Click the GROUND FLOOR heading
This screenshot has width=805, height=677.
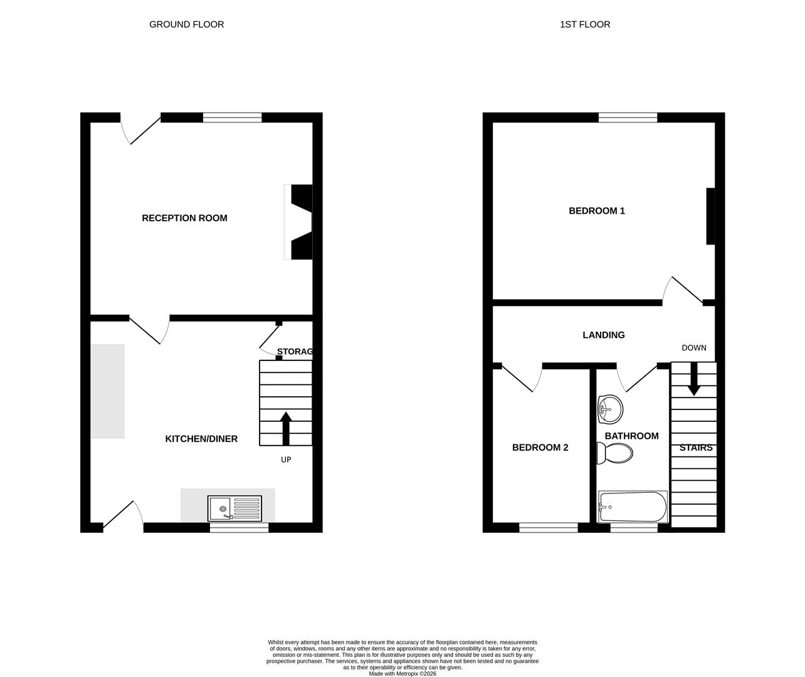pos(186,24)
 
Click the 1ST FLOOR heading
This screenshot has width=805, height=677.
pos(584,24)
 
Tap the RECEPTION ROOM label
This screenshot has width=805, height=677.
pos(184,218)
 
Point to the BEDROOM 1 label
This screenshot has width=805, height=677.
pos(596,211)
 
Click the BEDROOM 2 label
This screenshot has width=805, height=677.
pos(540,448)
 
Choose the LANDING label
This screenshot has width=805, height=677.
pos(603,335)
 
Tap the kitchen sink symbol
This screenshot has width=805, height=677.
pos(235,508)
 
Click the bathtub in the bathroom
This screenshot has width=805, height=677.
pos(633,507)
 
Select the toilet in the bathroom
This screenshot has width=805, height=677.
pos(614,453)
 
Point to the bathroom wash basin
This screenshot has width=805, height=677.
pos(610,409)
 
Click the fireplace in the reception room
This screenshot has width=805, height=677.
pos(300,221)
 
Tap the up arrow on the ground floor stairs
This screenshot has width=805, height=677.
pos(286,428)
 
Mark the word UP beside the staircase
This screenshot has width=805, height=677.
pos(286,459)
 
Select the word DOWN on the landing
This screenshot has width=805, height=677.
pos(693,348)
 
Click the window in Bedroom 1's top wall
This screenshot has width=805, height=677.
pos(628,117)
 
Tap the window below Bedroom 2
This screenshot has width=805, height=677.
pos(548,528)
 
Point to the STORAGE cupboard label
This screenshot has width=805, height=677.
pos(294,352)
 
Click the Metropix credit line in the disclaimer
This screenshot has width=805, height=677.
pos(402,674)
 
